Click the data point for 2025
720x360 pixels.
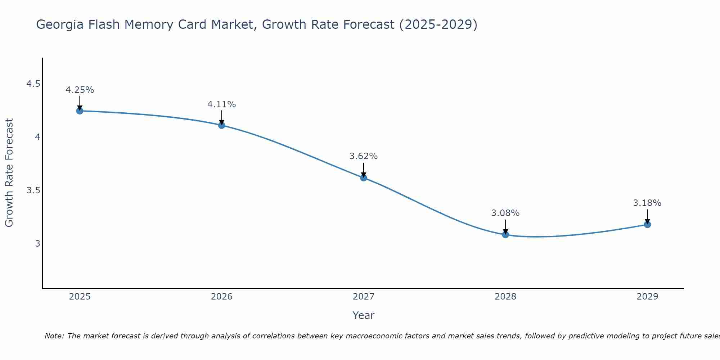[x=80, y=111]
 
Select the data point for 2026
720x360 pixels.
[x=221, y=125]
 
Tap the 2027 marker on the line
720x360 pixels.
[x=364, y=177]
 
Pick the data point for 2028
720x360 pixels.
[x=505, y=235]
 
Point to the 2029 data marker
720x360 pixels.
[x=647, y=225]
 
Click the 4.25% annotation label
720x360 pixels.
[x=80, y=90]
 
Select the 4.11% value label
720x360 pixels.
[x=221, y=104]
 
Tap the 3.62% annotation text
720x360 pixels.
[x=364, y=156]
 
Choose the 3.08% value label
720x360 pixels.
[x=505, y=213]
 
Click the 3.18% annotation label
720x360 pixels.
[x=647, y=203]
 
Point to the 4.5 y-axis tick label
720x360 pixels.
[x=33, y=84]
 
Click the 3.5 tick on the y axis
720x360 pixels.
[x=33, y=190]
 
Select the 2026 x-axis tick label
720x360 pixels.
[x=221, y=297]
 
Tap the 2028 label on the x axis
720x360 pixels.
[x=505, y=297]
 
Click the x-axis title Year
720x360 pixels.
[x=364, y=315]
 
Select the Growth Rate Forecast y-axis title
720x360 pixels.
[x=9, y=173]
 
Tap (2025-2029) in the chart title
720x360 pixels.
[x=438, y=24]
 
